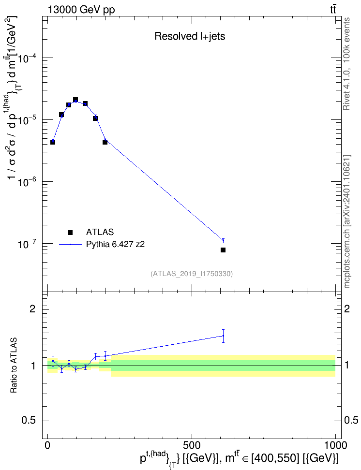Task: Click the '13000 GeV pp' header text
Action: tap(81, 10)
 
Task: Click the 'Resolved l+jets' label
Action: tap(190, 36)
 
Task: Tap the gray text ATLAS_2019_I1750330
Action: tap(192, 274)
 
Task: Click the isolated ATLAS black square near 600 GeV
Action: tap(223, 250)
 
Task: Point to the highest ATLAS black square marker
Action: tap(75, 100)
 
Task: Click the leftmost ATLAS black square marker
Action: tap(53, 142)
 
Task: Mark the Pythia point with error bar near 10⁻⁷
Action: tap(223, 241)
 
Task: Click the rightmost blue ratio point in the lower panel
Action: tap(223, 336)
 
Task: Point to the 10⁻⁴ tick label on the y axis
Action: tap(28, 58)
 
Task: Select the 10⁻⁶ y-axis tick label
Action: tap(28, 182)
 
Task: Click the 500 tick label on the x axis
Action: tap(192, 445)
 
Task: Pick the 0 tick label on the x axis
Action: tap(47, 445)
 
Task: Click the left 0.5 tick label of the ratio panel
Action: tap(29, 421)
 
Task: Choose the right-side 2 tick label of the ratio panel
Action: tap(347, 308)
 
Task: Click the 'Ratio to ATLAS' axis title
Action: tap(14, 365)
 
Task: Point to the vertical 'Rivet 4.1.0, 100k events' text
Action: tap(346, 64)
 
